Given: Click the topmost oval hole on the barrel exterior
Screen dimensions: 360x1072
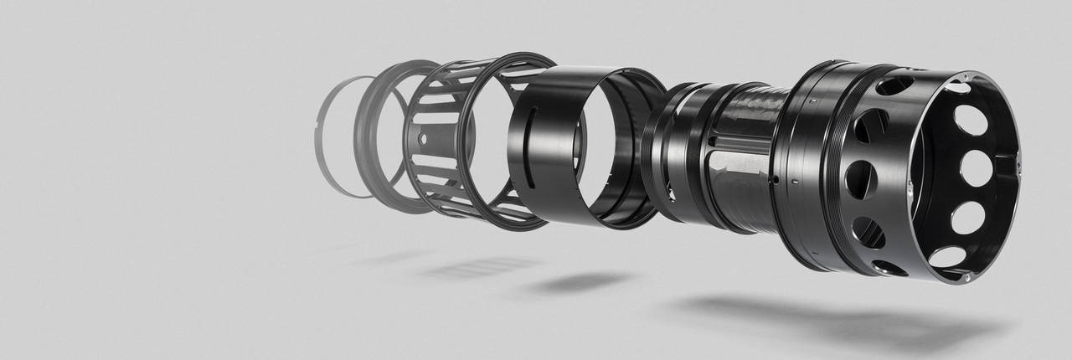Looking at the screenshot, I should tap(892, 85).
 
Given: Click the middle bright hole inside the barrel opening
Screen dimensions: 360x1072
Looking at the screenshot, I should tap(977, 168).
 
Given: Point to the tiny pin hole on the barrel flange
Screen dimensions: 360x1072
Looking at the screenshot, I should tap(777, 178).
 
